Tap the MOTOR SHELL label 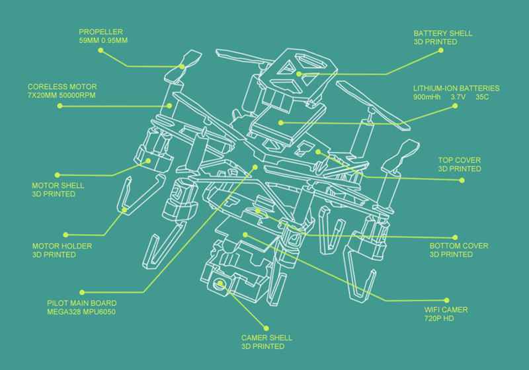[x=53, y=186]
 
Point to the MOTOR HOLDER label [x=55, y=245]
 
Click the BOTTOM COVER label [x=458, y=246]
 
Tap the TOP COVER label [x=459, y=160]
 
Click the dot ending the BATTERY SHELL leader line [x=300, y=73]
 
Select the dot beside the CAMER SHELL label [x=267, y=327]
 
